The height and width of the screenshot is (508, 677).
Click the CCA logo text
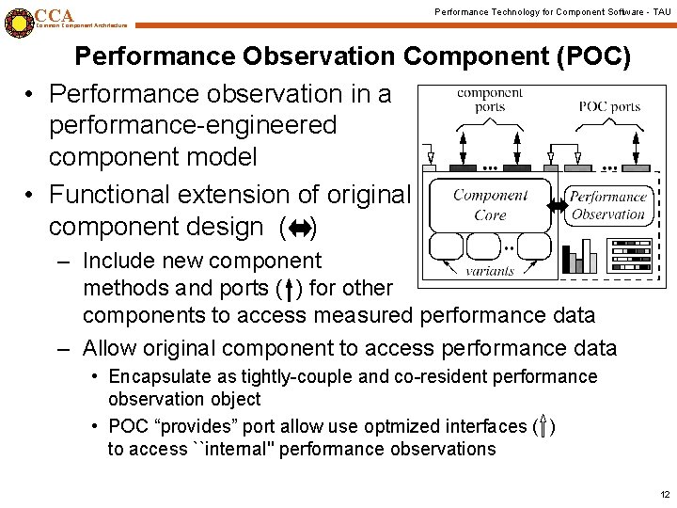click(54, 15)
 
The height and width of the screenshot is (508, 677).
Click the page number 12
click(665, 494)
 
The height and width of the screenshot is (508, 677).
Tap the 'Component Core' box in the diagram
click(490, 204)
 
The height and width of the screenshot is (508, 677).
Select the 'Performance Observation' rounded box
click(608, 204)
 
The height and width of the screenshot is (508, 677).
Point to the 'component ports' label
click(489, 100)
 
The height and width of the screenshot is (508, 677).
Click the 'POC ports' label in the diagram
click(609, 106)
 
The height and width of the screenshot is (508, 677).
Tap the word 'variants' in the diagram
click(491, 271)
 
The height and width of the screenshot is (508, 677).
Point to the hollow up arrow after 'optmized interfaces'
click(543, 426)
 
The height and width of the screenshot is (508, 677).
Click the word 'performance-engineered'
click(192, 125)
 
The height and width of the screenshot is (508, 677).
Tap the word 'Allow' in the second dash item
click(109, 348)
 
